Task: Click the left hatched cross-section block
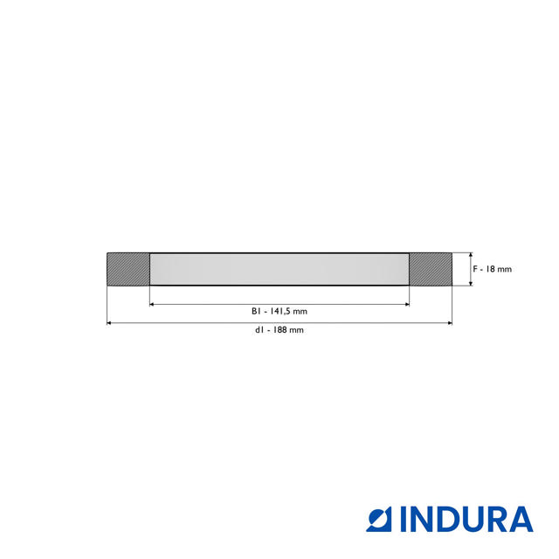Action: tap(128, 268)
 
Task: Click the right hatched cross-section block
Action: tap(431, 268)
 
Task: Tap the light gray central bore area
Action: tap(279, 268)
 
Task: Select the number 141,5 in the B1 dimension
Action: tap(281, 311)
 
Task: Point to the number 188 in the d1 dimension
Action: tap(279, 330)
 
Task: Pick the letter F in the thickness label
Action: tap(476, 269)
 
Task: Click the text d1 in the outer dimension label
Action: tap(259, 330)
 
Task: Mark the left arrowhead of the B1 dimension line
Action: tap(153, 304)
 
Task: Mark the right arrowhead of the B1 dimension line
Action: tap(406, 304)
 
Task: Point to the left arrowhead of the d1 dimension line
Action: tap(110, 323)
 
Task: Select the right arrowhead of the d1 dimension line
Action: tap(449, 323)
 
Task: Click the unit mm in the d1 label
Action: tap(297, 330)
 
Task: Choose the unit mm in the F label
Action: tap(505, 269)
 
